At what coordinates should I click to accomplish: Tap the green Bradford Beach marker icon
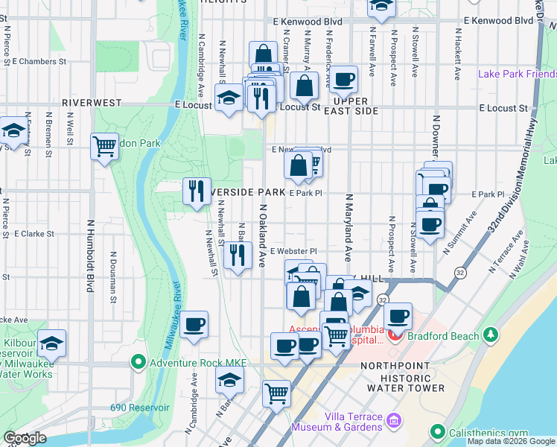coord(490,336)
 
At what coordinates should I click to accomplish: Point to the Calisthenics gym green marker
coord(438,432)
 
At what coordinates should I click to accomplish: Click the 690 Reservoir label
coord(140,408)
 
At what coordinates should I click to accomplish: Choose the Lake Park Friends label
coord(517,74)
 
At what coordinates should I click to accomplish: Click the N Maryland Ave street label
coord(348,231)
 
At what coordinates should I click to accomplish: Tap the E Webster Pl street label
coord(293,251)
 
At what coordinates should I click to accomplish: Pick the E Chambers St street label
coord(39,61)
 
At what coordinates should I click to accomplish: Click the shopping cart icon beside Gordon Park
coord(104,145)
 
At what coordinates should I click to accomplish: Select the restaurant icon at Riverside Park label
coord(197,190)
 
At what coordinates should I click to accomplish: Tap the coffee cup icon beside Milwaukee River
coord(194,324)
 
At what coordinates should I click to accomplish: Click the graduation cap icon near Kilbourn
coord(51,343)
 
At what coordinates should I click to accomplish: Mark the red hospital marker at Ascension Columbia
coord(394,336)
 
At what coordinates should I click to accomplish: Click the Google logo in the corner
coord(25,438)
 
